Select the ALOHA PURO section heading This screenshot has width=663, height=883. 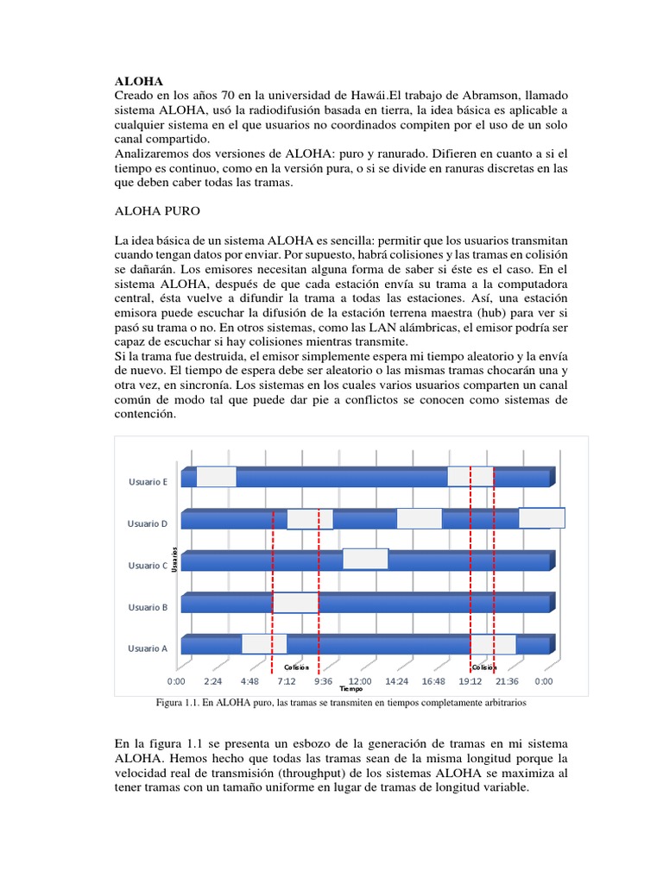(159, 210)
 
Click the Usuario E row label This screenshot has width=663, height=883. (147, 482)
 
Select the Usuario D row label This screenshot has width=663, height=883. (147, 523)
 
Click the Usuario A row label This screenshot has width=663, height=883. (147, 648)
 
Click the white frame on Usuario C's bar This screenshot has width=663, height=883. (365, 559)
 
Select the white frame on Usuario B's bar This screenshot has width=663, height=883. (295, 602)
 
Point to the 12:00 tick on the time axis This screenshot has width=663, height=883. (360, 680)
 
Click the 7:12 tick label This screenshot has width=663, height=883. (287, 680)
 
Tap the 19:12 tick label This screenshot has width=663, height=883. (470, 680)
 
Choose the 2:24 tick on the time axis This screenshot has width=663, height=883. (213, 680)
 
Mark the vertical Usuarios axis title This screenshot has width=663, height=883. (174, 560)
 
